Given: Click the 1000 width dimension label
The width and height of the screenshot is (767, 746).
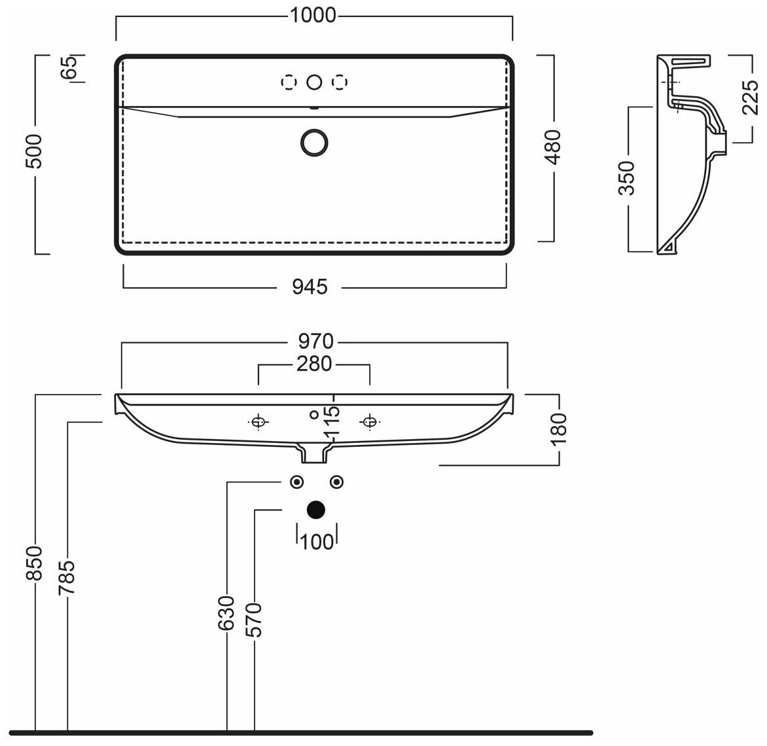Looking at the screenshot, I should [x=313, y=15].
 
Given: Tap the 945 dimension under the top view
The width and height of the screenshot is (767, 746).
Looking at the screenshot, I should [x=309, y=287].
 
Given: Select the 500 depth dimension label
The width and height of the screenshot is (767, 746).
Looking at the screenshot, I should [x=35, y=152].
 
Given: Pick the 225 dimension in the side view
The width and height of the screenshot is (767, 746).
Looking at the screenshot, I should [x=751, y=99].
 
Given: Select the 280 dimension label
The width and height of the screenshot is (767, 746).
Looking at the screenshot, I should [x=314, y=364].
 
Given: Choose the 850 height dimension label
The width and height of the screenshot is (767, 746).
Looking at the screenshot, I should [x=35, y=563].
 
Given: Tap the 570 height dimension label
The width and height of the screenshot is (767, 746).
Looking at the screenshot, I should [x=255, y=620].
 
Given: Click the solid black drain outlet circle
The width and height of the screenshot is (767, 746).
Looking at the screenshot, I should [x=316, y=509].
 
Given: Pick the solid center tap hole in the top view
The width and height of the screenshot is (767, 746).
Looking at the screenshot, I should [x=315, y=82].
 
